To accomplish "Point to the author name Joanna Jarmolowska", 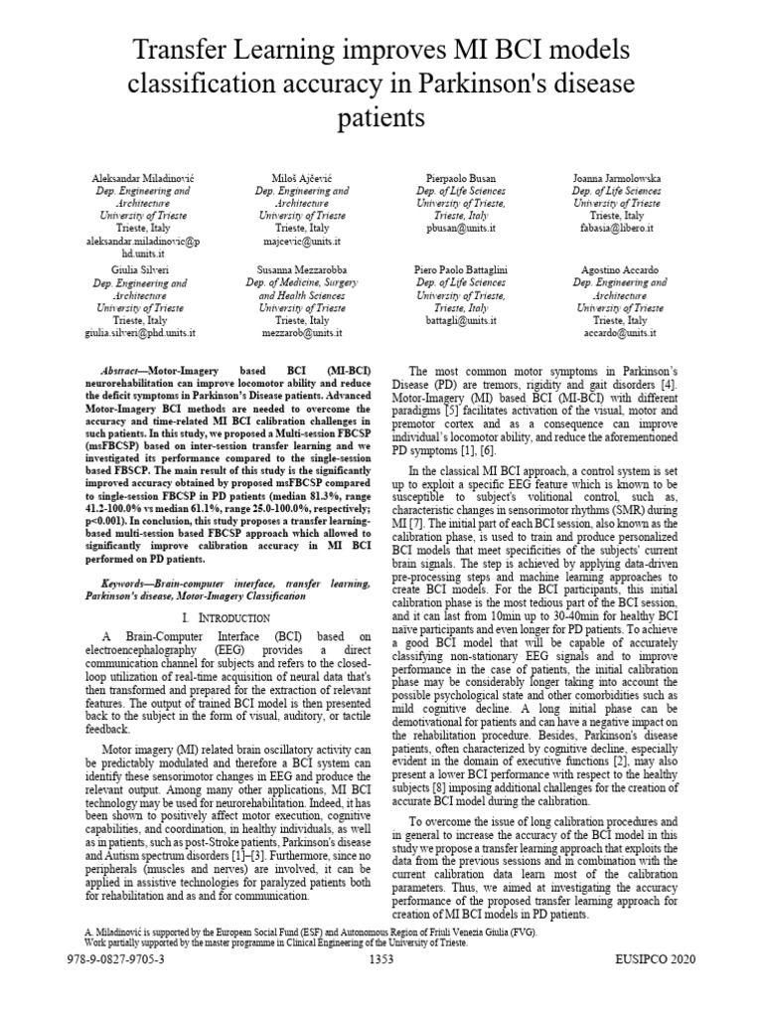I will (617, 176).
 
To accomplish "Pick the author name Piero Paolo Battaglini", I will (459, 269).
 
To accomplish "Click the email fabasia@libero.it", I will (617, 228).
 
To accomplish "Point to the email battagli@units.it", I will (459, 321).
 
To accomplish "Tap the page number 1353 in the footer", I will (381, 958).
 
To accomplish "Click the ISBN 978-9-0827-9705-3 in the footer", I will (114, 958).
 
